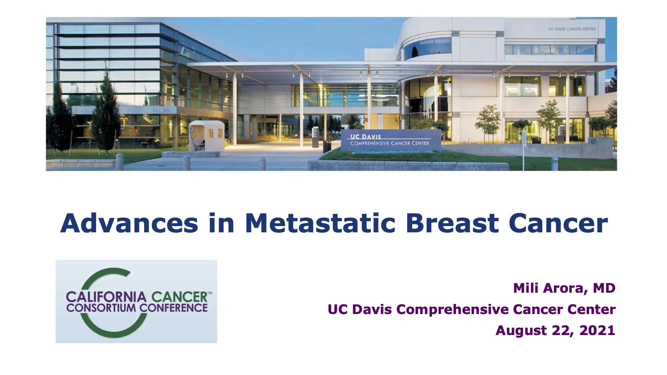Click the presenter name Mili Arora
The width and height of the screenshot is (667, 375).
coord(551,288)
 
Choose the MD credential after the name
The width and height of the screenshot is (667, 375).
coord(604,288)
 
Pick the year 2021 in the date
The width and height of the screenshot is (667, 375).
coord(597,330)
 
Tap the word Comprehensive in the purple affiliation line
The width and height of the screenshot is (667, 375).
coord(452,310)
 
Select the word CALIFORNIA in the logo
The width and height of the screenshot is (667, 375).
coord(106,297)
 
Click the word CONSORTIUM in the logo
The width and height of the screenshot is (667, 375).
coord(101,308)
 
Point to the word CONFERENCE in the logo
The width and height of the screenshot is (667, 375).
coord(173,308)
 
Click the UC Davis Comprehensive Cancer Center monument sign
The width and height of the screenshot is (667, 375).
coord(391,140)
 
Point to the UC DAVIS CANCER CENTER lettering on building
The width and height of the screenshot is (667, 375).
coord(572,29)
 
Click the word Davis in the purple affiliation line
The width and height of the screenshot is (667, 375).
coord(372,309)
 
